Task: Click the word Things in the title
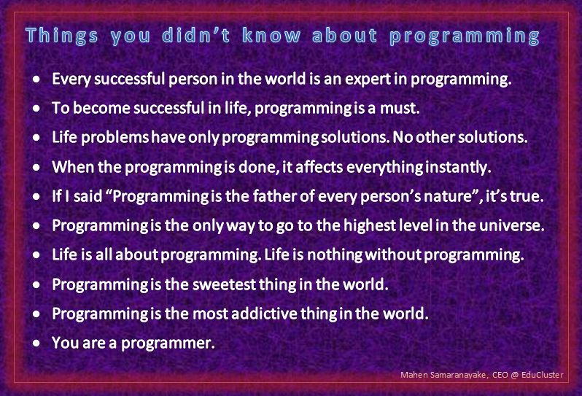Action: (x=62, y=36)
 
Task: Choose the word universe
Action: (x=515, y=225)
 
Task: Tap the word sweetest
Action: (x=233, y=284)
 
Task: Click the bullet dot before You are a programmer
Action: (x=36, y=343)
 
